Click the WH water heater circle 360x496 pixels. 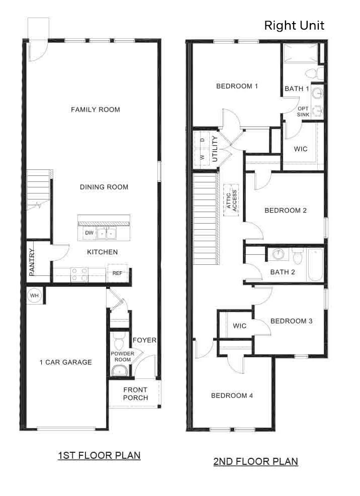[34, 295]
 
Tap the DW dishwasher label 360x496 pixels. [89, 233]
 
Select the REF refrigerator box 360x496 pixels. [118, 273]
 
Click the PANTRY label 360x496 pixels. [32, 262]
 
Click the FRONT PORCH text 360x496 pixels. [135, 393]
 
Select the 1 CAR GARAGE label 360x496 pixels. [66, 362]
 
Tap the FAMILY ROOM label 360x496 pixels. [96, 110]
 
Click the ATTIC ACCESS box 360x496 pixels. [231, 200]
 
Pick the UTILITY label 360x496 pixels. [215, 148]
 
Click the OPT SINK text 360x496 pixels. [303, 112]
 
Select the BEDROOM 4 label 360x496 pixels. [232, 395]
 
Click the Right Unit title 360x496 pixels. [294, 25]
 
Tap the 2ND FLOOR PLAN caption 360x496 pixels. [255, 461]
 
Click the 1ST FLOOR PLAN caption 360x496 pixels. [99, 455]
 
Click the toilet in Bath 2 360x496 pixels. [297, 257]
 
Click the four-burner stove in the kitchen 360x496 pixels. [79, 274]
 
